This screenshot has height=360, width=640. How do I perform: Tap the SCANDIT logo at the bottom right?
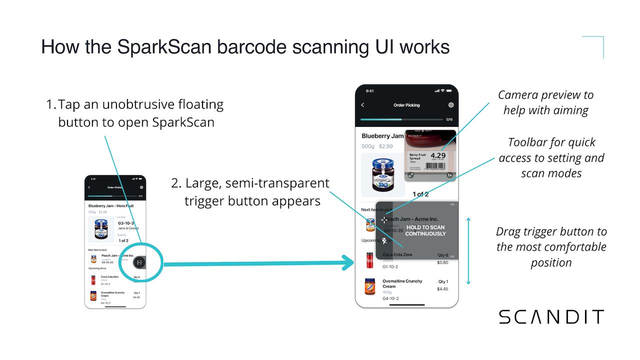(x=551, y=317)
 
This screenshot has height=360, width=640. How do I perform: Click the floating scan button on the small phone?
(x=139, y=262)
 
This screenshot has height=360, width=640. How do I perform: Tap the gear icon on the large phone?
(x=451, y=105)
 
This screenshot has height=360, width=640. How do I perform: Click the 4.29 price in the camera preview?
(x=437, y=156)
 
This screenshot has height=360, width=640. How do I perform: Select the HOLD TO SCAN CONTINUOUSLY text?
(x=425, y=230)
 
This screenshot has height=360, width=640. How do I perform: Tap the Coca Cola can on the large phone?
(x=370, y=260)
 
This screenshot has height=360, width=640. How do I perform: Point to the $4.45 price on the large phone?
(x=442, y=289)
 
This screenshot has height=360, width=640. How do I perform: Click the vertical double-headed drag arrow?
(x=468, y=250)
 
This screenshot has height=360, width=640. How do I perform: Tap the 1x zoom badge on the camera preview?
(x=449, y=175)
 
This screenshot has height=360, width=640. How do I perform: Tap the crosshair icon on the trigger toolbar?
(x=384, y=219)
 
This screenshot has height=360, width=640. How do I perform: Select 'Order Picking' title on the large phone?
(x=406, y=105)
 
